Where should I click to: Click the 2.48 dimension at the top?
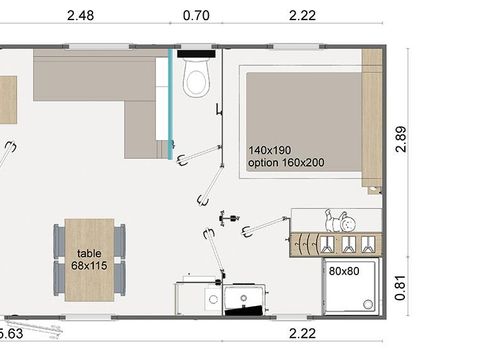82,15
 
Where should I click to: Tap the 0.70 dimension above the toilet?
196,15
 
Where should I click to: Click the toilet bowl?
196,80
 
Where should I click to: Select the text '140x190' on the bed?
271,150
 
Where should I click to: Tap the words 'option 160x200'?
291,163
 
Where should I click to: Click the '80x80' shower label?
343,269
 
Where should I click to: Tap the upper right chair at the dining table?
120,240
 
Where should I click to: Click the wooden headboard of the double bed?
372,120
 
